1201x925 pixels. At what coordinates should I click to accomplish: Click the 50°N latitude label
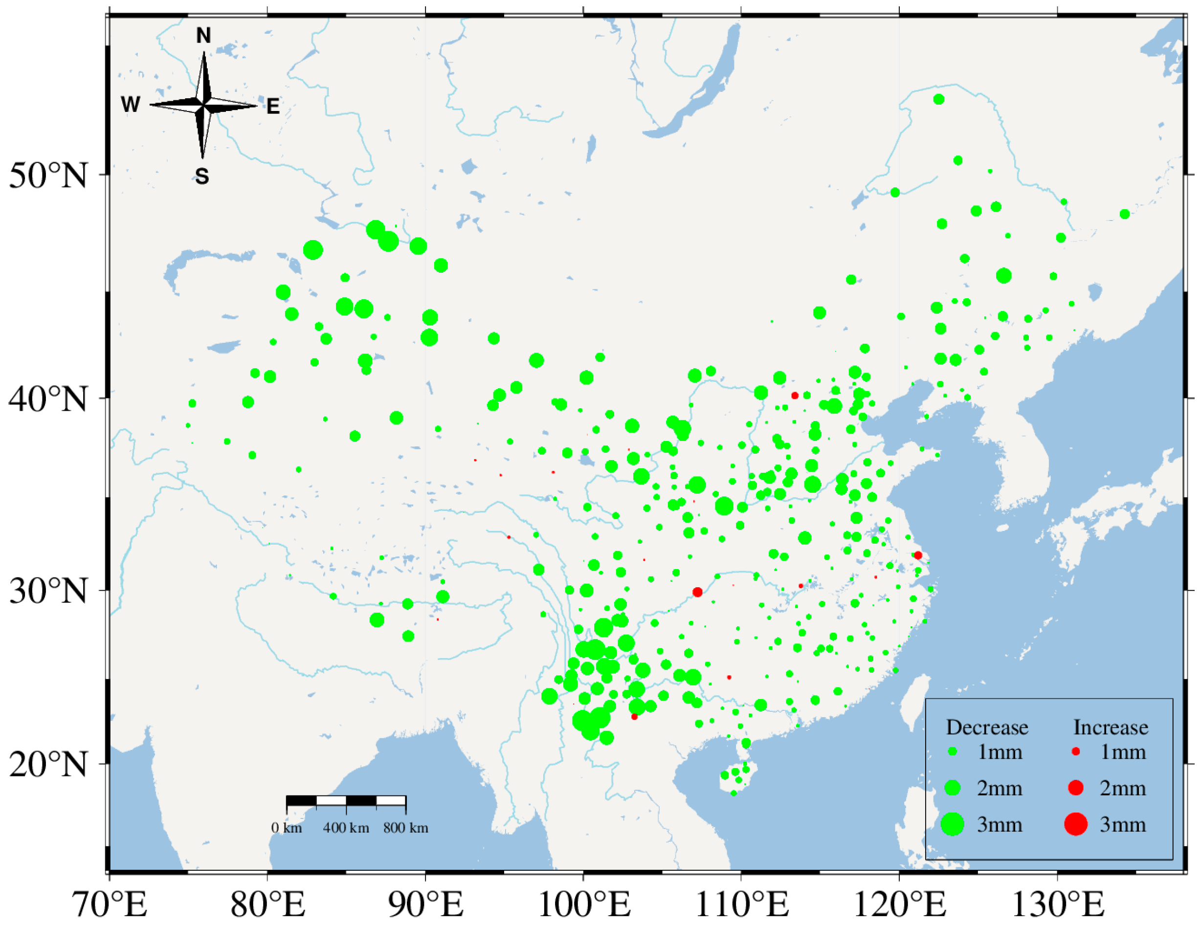point(48,176)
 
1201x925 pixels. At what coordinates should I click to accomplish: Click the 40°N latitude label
point(48,399)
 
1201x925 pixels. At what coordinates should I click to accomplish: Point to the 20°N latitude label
point(48,765)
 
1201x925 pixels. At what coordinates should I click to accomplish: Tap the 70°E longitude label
point(111,903)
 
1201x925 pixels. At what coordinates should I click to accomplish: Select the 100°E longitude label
point(584,903)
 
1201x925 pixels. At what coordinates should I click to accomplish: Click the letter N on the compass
point(203,36)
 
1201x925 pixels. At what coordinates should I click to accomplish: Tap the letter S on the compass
point(202,176)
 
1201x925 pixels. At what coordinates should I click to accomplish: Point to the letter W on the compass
point(131,105)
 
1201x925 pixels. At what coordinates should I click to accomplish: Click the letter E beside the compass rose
point(273,106)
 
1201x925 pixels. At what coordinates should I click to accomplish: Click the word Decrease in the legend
point(986,727)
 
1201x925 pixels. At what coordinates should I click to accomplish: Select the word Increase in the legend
point(1110,727)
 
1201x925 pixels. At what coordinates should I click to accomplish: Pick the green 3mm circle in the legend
point(953,824)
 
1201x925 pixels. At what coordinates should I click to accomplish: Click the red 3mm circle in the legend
point(1076,824)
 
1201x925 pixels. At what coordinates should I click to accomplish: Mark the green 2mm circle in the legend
point(953,788)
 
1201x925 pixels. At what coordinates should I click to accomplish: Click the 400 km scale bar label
point(346,828)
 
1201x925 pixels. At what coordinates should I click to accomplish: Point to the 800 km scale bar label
point(406,828)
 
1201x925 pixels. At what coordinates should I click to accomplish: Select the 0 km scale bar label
point(287,828)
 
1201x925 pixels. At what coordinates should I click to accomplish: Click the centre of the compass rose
point(203,104)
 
